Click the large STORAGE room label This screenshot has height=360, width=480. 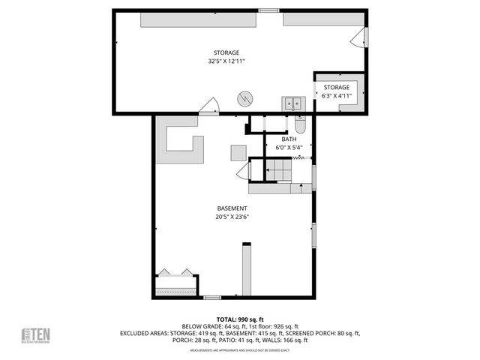click(226, 52)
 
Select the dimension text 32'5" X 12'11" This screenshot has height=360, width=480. click(226, 61)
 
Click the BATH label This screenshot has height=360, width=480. click(289, 139)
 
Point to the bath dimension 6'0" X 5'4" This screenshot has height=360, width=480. click(289, 148)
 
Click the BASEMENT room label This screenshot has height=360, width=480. click(232, 208)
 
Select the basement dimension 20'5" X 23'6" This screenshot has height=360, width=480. click(232, 217)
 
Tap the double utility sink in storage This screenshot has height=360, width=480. click(292, 103)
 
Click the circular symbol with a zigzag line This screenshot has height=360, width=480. click(245, 98)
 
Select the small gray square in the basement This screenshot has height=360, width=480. click(238, 152)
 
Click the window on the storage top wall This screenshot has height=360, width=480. click(268, 10)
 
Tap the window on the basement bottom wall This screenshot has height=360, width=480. click(213, 298)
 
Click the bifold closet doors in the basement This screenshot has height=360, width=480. click(175, 273)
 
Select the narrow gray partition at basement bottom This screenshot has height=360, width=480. click(246, 269)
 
